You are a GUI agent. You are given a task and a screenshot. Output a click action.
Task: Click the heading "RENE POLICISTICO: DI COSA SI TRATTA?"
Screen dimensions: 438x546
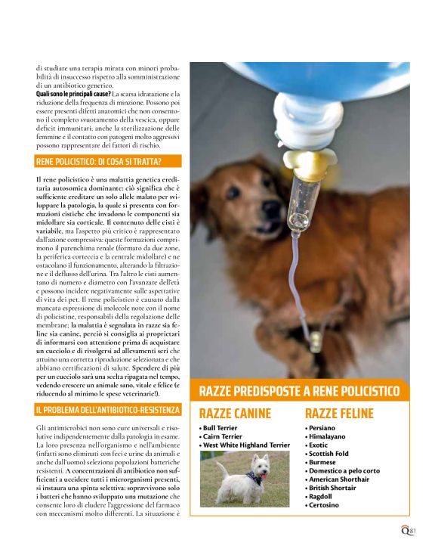(x=99, y=162)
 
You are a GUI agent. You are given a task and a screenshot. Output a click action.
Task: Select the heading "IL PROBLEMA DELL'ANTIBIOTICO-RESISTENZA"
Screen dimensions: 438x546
(x=108, y=410)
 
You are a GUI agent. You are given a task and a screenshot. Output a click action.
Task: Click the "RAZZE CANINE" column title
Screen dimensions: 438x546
(x=234, y=414)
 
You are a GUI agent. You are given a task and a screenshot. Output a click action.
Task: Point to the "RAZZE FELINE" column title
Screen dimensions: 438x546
(x=339, y=414)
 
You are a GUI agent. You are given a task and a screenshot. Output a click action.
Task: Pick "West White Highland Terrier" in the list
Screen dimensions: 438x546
(x=246, y=445)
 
